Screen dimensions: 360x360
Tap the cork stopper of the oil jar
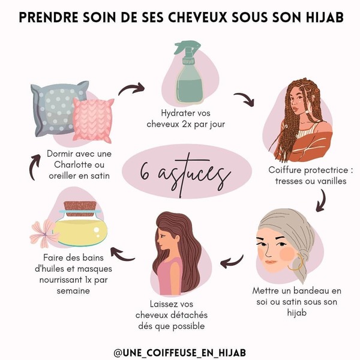click(x=80, y=209)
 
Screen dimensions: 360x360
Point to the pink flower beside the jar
click(x=44, y=233)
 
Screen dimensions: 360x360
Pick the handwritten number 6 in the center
click(x=145, y=172)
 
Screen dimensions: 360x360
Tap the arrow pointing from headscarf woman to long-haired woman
click(x=232, y=262)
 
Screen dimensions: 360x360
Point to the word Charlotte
click(x=79, y=164)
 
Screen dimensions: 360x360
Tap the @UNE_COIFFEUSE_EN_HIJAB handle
click(x=180, y=352)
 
